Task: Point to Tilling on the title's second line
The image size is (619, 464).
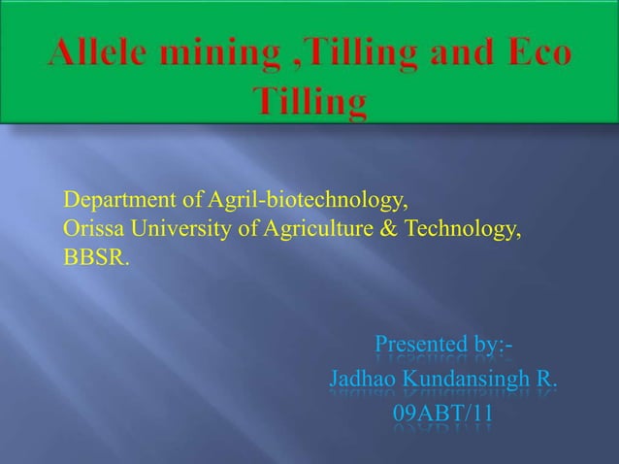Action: click(x=309, y=100)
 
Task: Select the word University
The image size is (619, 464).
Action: click(x=174, y=232)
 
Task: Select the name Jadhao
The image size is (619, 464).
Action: click(x=367, y=378)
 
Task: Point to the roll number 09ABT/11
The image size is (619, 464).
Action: click(x=443, y=414)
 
